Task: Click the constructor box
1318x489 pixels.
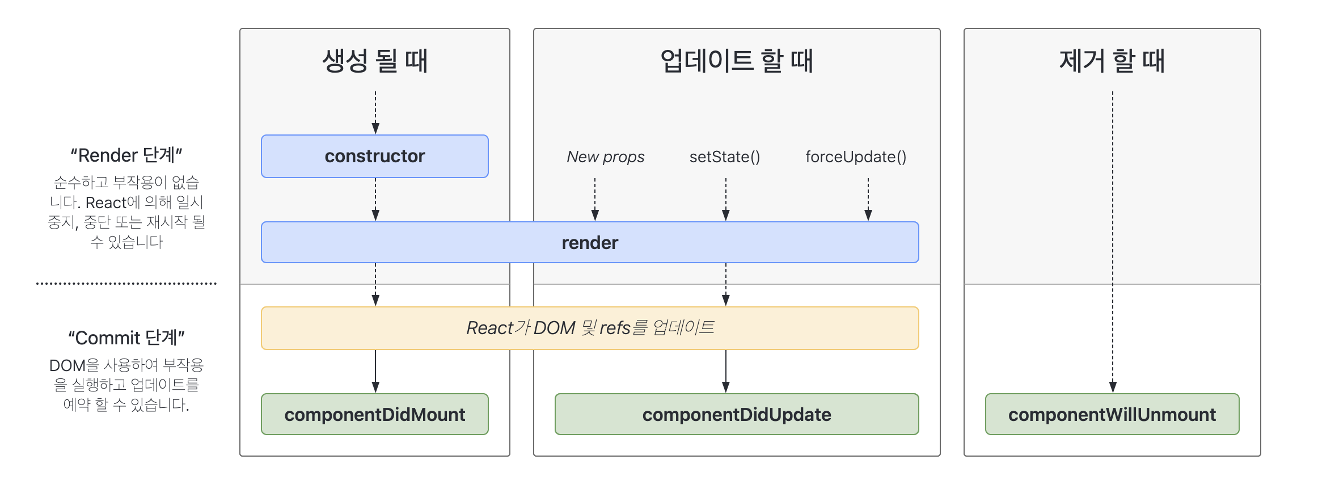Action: click(374, 156)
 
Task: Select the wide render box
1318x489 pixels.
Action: click(590, 242)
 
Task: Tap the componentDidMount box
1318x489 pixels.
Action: click(374, 414)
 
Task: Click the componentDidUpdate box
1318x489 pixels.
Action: click(736, 414)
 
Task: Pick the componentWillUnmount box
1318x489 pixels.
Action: click(1112, 414)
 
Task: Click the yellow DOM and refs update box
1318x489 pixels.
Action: click(590, 328)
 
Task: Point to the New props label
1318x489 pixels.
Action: click(605, 157)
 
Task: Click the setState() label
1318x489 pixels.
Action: click(725, 157)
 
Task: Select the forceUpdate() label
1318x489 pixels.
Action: click(856, 157)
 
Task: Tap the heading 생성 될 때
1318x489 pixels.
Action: click(374, 61)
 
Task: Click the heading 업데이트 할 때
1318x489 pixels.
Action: click(736, 61)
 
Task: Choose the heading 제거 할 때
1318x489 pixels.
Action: click(1112, 61)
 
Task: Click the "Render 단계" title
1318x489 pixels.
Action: click(126, 155)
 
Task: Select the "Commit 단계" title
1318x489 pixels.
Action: click(126, 338)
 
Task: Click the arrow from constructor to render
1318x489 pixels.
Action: click(375, 199)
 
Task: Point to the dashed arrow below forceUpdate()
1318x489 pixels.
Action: click(868, 199)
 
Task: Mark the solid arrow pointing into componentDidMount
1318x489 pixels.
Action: click(375, 372)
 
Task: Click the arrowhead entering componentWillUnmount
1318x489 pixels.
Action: click(1113, 387)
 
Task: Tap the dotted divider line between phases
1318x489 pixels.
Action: click(126, 283)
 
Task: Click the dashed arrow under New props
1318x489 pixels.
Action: click(595, 199)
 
